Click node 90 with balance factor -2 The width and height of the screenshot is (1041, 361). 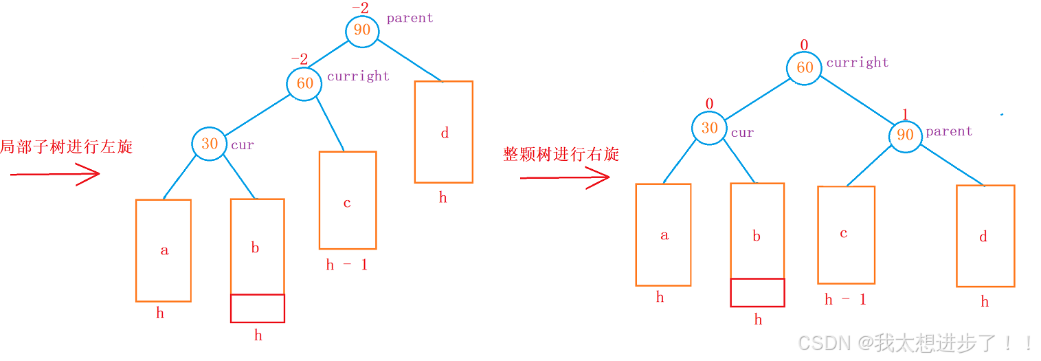362,30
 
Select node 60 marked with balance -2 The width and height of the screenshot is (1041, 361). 304,83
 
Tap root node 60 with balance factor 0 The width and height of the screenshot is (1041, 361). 804,67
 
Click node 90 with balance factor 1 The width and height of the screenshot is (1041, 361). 905,135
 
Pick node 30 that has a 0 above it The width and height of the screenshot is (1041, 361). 709,128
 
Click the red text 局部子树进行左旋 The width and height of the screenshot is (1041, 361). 67,146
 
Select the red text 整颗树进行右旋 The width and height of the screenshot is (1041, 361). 561,154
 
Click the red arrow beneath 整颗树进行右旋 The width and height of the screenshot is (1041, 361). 565,178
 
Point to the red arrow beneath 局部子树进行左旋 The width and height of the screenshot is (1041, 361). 55,175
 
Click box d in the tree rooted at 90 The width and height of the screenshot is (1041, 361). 444,132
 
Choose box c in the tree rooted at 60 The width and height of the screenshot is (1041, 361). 846,234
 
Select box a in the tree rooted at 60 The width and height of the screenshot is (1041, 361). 663,234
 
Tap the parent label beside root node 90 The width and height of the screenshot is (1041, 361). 410,19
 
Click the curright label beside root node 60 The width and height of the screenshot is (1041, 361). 858,63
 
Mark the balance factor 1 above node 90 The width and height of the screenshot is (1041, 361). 905,115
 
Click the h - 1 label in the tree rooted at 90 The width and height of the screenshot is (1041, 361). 347,265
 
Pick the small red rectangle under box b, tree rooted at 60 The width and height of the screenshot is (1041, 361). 757,292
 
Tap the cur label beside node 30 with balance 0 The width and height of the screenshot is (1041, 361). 742,133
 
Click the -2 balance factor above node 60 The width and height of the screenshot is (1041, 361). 300,60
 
